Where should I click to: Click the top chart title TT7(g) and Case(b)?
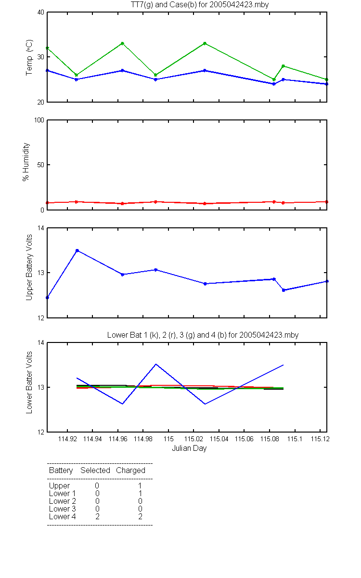pyautogui.click(x=200, y=5)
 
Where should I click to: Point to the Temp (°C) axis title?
pyautogui.click(x=29, y=57)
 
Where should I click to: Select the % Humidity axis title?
pyautogui.click(x=26, y=162)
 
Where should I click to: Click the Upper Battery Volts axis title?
pyautogui.click(x=29, y=268)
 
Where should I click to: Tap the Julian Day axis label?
pyautogui.click(x=189, y=448)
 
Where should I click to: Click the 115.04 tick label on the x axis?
pyautogui.click(x=219, y=439)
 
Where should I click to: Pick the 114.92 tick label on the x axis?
pyautogui.click(x=67, y=439)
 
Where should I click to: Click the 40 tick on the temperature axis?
pyautogui.click(x=41, y=13)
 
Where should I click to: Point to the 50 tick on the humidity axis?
pyautogui.click(x=41, y=165)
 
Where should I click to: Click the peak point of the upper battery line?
pyautogui.click(x=77, y=250)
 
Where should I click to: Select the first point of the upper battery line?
pyautogui.click(x=47, y=298)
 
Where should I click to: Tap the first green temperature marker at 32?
pyautogui.click(x=47, y=48)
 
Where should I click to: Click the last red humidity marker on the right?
pyautogui.click(x=327, y=202)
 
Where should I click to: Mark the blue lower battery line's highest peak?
pyautogui.click(x=156, y=364)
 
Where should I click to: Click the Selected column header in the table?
pyautogui.click(x=95, y=470)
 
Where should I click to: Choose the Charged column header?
pyautogui.click(x=130, y=471)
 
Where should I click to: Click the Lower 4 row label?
pyautogui.click(x=63, y=516)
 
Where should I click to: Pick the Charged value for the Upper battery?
pyautogui.click(x=140, y=486)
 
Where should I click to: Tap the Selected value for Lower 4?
pyautogui.click(x=97, y=516)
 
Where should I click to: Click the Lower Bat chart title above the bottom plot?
pyautogui.click(x=203, y=335)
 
